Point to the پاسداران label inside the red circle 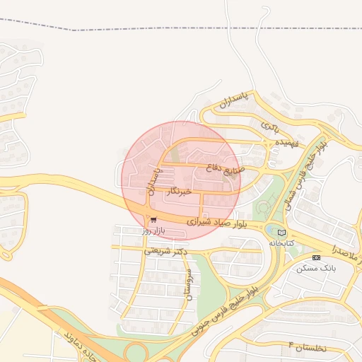click(153, 180)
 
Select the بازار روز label click(152, 230)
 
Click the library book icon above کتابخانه click(281, 232)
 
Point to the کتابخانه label click(280, 243)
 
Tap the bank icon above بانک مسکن click(316, 257)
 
